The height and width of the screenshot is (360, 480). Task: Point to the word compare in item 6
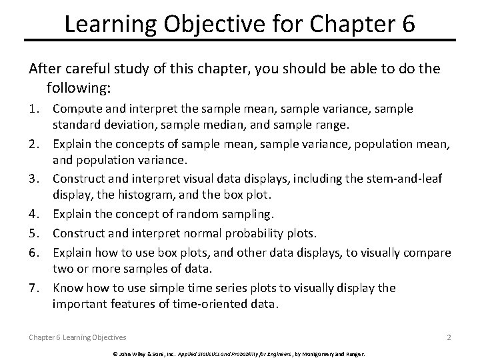[x=427, y=252]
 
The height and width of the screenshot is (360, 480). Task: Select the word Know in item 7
[x=67, y=288]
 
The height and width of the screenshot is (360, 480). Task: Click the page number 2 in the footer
[x=449, y=337]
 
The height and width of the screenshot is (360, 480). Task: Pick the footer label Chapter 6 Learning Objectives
[x=77, y=337]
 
